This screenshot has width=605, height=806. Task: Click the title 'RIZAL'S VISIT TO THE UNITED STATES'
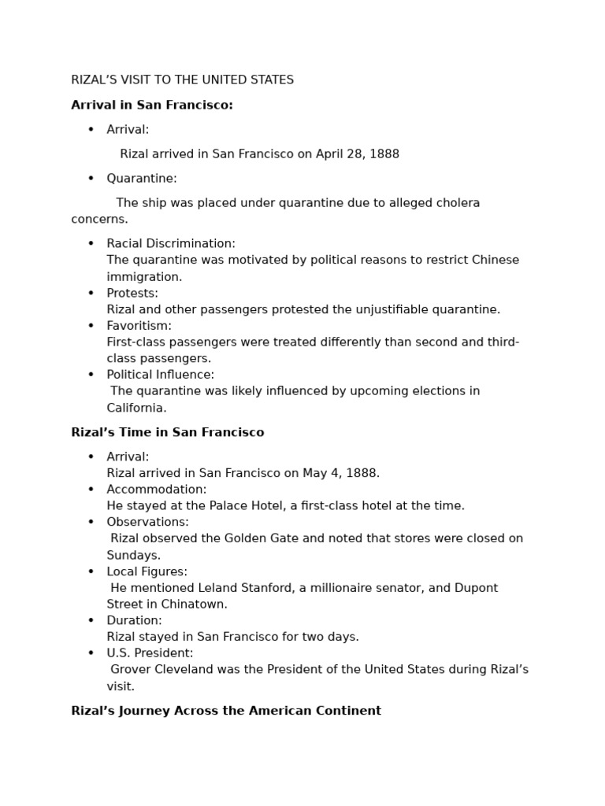pos(182,80)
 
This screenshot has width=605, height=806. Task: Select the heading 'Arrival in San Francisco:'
pos(152,105)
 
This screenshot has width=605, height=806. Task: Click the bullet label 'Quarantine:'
pos(142,179)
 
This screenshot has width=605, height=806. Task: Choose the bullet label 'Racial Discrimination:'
pos(171,244)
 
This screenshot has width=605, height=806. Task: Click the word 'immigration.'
pos(144,277)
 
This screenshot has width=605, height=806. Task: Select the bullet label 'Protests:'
pos(132,294)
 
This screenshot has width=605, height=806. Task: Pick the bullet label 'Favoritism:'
pos(139,326)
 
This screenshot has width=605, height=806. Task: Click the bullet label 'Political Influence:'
pos(160,375)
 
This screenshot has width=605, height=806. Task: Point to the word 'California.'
pos(136,408)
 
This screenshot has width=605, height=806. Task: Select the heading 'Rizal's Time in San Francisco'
pos(168,433)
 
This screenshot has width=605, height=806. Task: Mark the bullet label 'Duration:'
pos(134,620)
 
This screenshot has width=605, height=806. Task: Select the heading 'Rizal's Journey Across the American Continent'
pos(226,711)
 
